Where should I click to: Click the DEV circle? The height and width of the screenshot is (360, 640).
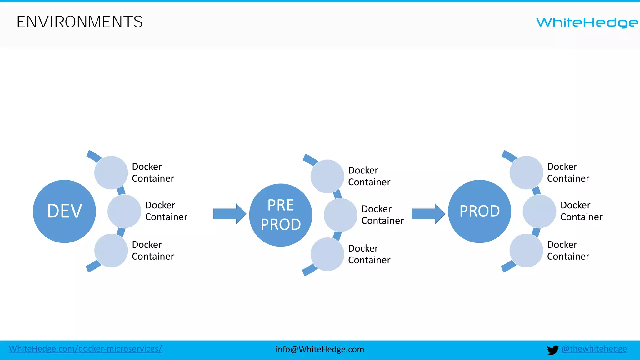64,211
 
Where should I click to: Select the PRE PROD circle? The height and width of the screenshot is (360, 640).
281,215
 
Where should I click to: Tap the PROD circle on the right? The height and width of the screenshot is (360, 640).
479,211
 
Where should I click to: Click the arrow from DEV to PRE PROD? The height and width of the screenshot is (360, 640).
229,214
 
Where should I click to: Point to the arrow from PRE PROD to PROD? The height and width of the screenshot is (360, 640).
428,214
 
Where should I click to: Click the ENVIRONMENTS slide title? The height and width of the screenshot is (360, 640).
80,22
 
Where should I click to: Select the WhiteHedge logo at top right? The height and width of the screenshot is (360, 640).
587,22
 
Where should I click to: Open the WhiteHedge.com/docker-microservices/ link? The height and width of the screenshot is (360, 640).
85,349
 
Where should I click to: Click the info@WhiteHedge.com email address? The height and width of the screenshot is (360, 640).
320,349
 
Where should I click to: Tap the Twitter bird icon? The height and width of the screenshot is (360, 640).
552,350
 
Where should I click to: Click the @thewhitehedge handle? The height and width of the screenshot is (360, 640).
594,349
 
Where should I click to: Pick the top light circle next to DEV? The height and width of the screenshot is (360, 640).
111,172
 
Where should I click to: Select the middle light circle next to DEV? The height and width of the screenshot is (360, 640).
124,211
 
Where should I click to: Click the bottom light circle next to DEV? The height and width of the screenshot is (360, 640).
111,251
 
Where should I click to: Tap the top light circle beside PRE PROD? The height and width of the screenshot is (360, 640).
327,176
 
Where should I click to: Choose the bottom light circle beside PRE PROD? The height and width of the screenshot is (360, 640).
327,254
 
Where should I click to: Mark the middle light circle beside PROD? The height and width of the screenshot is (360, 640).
539,211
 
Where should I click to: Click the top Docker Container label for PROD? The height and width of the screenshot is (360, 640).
568,172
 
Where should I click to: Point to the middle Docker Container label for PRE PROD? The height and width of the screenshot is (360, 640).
382,215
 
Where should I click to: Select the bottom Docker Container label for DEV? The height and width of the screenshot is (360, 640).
153,250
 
